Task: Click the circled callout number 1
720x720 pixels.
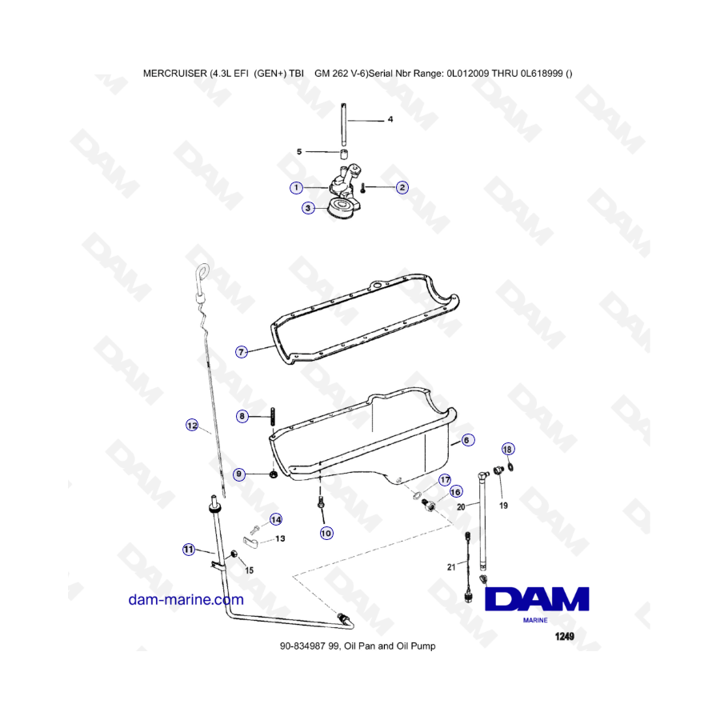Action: pyautogui.click(x=296, y=187)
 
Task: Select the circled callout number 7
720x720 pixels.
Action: pyautogui.click(x=242, y=352)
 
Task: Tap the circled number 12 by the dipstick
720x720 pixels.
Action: pyautogui.click(x=192, y=426)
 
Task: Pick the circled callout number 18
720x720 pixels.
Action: pyautogui.click(x=507, y=449)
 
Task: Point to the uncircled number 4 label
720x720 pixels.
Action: pyautogui.click(x=390, y=119)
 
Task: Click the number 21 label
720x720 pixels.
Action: pyautogui.click(x=451, y=567)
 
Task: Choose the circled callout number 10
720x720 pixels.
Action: pyautogui.click(x=326, y=533)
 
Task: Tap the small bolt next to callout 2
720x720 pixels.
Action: pyautogui.click(x=362, y=188)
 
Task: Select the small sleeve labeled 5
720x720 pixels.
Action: pyautogui.click(x=343, y=154)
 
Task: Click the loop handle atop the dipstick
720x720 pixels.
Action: pyautogui.click(x=202, y=271)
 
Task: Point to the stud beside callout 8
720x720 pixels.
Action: pyautogui.click(x=273, y=417)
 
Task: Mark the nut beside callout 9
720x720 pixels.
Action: pyautogui.click(x=273, y=474)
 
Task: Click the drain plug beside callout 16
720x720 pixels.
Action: pyautogui.click(x=429, y=505)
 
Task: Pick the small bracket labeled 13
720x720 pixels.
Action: pyautogui.click(x=250, y=542)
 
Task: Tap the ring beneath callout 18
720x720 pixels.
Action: pyautogui.click(x=510, y=467)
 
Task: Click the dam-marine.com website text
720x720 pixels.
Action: pyautogui.click(x=186, y=600)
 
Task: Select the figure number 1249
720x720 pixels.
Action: pyautogui.click(x=564, y=636)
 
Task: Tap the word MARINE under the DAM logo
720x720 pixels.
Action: pyautogui.click(x=535, y=620)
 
